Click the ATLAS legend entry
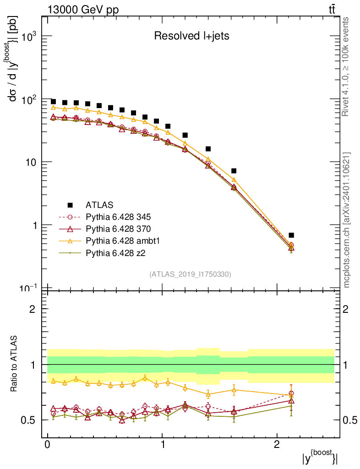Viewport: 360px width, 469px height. [99, 205]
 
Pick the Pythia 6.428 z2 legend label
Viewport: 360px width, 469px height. [115, 251]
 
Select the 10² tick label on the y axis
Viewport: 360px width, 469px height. [28, 100]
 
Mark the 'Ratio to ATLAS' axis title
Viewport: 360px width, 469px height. [14, 364]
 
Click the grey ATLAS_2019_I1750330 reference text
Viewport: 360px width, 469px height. [190, 274]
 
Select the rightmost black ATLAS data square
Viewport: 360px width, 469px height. [291, 235]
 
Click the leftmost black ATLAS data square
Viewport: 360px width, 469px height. [53, 102]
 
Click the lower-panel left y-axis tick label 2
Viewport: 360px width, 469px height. [33, 309]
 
